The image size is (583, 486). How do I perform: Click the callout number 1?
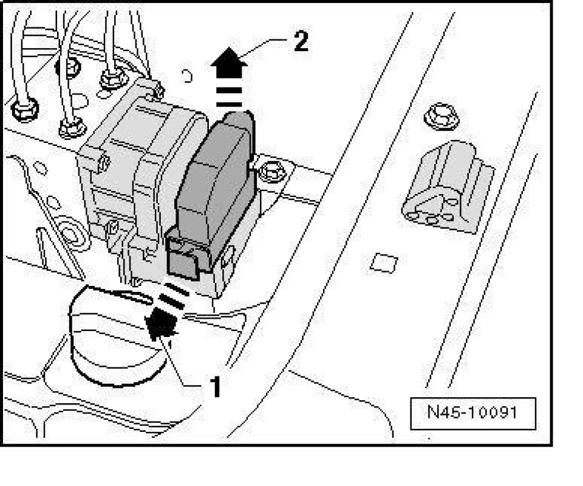[x=215, y=387]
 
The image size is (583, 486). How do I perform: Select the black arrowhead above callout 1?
[x=161, y=322]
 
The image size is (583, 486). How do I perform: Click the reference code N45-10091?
[x=472, y=412]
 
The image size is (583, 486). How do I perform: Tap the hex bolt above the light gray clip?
[x=442, y=117]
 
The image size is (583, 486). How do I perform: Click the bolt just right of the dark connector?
[x=274, y=172]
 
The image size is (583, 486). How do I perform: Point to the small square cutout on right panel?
[x=384, y=263]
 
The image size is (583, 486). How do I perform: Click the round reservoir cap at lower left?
[x=118, y=335]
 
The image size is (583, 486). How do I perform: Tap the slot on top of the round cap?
[x=132, y=296]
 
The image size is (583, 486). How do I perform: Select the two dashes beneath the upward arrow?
[x=229, y=97]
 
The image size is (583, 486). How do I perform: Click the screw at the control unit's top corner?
[x=158, y=91]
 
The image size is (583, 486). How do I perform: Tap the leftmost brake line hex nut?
[x=24, y=110]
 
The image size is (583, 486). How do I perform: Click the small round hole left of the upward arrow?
[x=186, y=77]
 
